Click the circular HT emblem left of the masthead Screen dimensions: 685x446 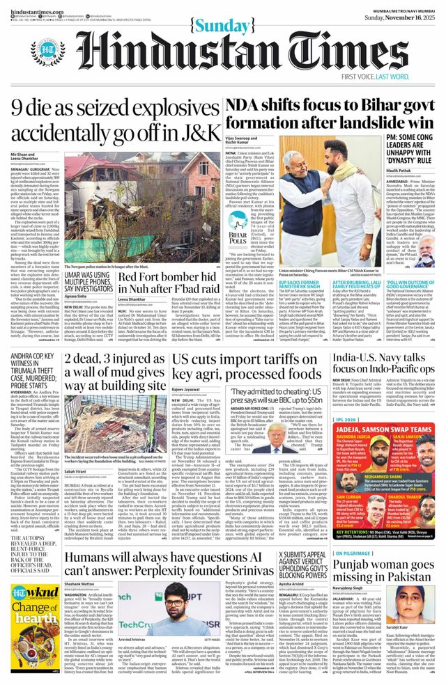click(48, 51)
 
